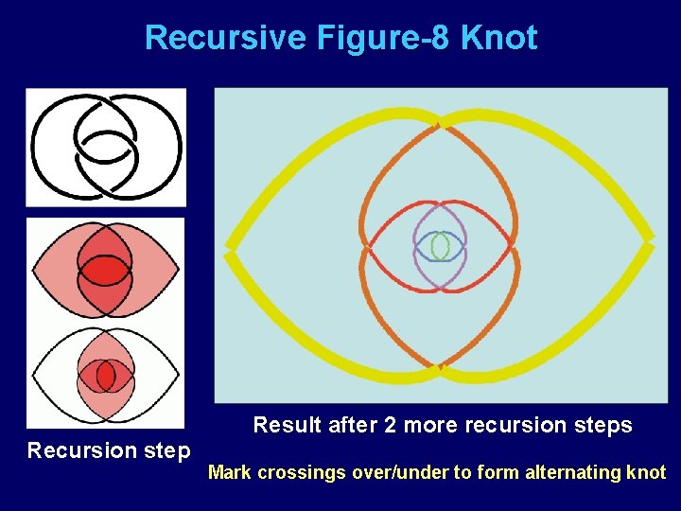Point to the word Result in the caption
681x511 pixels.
coord(287,425)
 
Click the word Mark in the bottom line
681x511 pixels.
coord(230,472)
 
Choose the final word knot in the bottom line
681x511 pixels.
coord(648,472)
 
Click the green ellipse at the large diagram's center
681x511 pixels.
coord(440,247)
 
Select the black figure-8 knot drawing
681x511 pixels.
coord(106,147)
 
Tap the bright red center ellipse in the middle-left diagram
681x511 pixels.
coord(105,272)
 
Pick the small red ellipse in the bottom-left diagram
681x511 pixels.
coord(105,377)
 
